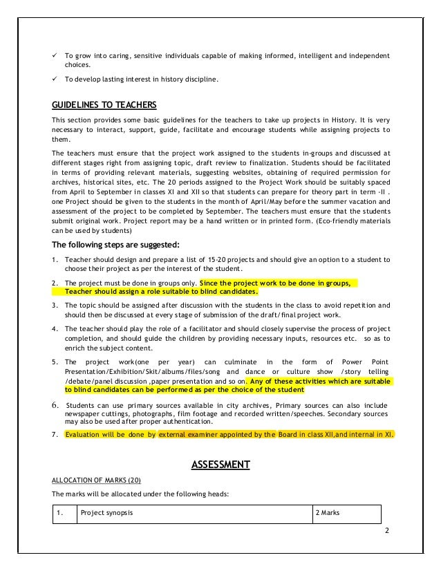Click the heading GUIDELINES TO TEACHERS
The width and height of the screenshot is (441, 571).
(104, 105)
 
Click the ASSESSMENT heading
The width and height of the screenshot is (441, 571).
(220, 464)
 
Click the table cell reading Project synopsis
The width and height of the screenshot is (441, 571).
(107, 514)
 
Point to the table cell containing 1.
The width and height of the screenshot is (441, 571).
(61, 514)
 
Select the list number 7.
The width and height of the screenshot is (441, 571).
(55, 435)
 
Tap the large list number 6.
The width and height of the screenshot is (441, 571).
(55, 405)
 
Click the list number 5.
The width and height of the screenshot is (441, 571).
(55, 362)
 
